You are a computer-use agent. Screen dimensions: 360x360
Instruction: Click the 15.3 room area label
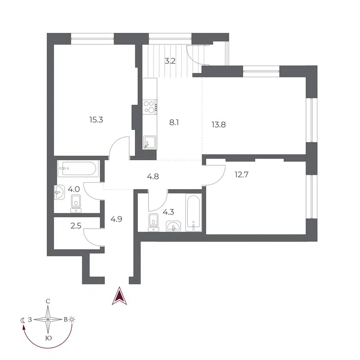click(x=97, y=120)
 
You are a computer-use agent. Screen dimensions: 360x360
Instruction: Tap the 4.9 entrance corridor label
click(x=117, y=220)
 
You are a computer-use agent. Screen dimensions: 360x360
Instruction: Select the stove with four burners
click(x=149, y=107)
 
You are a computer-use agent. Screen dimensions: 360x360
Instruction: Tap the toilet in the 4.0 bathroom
click(x=76, y=203)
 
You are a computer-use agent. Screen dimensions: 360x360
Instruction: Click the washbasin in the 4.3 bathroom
click(x=173, y=226)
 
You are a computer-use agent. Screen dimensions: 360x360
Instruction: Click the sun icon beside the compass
click(x=72, y=319)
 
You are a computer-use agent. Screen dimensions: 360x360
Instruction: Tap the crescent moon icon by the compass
click(x=23, y=320)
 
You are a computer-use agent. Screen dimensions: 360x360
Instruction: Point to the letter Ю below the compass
click(x=48, y=337)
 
